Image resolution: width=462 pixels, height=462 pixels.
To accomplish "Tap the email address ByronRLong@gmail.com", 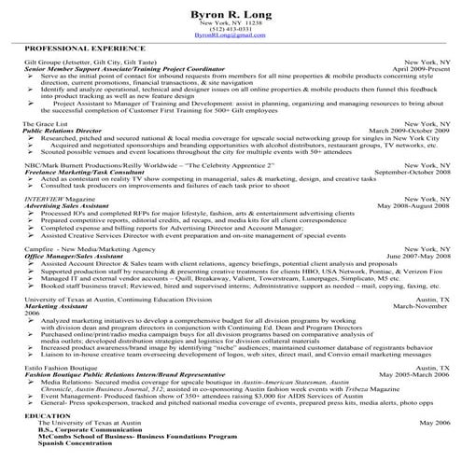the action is [x=230, y=35].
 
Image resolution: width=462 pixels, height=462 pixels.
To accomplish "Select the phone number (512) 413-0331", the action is [x=230, y=29].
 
